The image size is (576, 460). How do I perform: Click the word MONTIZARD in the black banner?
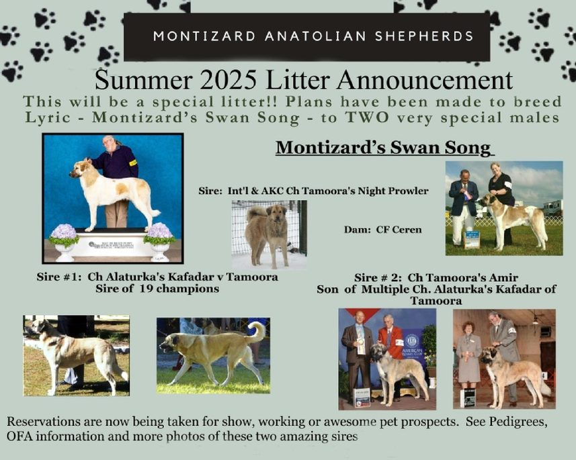pyautogui.click(x=204, y=36)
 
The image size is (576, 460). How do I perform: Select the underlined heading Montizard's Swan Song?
pyautogui.click(x=384, y=148)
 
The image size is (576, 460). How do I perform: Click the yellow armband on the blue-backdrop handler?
pyautogui.click(x=133, y=163)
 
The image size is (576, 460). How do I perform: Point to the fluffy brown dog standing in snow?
pyautogui.click(x=268, y=234)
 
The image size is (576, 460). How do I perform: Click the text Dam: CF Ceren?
pyautogui.click(x=383, y=230)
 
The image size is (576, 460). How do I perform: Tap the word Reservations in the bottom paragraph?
pyautogui.click(x=44, y=421)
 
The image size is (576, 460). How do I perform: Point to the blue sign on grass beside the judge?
pyautogui.click(x=472, y=239)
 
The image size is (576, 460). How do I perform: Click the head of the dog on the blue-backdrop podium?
pyautogui.click(x=79, y=169)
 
